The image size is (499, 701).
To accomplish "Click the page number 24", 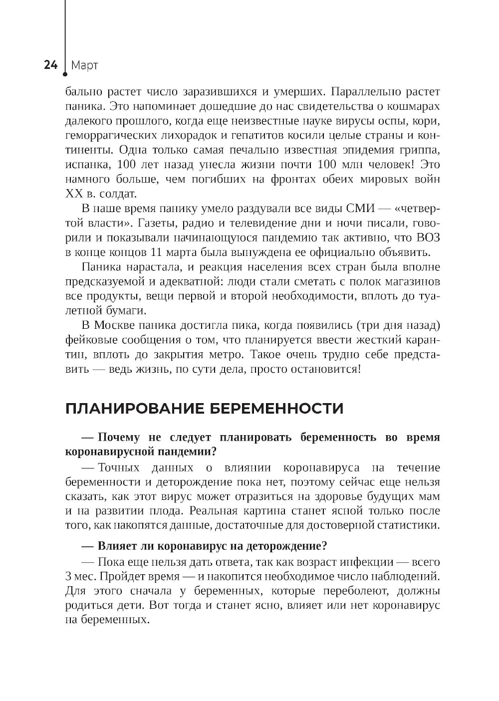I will click(x=50, y=65).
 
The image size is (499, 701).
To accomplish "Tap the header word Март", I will click(x=84, y=65).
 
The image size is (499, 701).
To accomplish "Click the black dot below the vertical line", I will click(x=65, y=75).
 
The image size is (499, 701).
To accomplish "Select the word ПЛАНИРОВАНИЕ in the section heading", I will click(x=133, y=409).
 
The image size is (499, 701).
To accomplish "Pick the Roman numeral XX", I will click(x=74, y=193).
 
